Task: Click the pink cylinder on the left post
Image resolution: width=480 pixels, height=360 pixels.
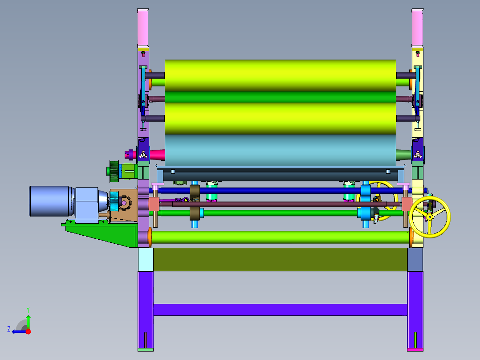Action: (143, 28)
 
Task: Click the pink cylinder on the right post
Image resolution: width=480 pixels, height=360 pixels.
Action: (417, 28)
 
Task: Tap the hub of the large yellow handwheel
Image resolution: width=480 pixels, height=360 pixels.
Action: (430, 217)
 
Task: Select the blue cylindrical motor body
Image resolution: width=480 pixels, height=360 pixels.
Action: (50, 201)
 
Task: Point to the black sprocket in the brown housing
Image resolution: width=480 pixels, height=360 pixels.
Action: (124, 203)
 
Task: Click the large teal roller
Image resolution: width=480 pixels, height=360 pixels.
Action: (281, 150)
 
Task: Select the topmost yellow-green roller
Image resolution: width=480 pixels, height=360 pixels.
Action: (281, 76)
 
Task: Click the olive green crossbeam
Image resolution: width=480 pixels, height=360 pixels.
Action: (280, 259)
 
